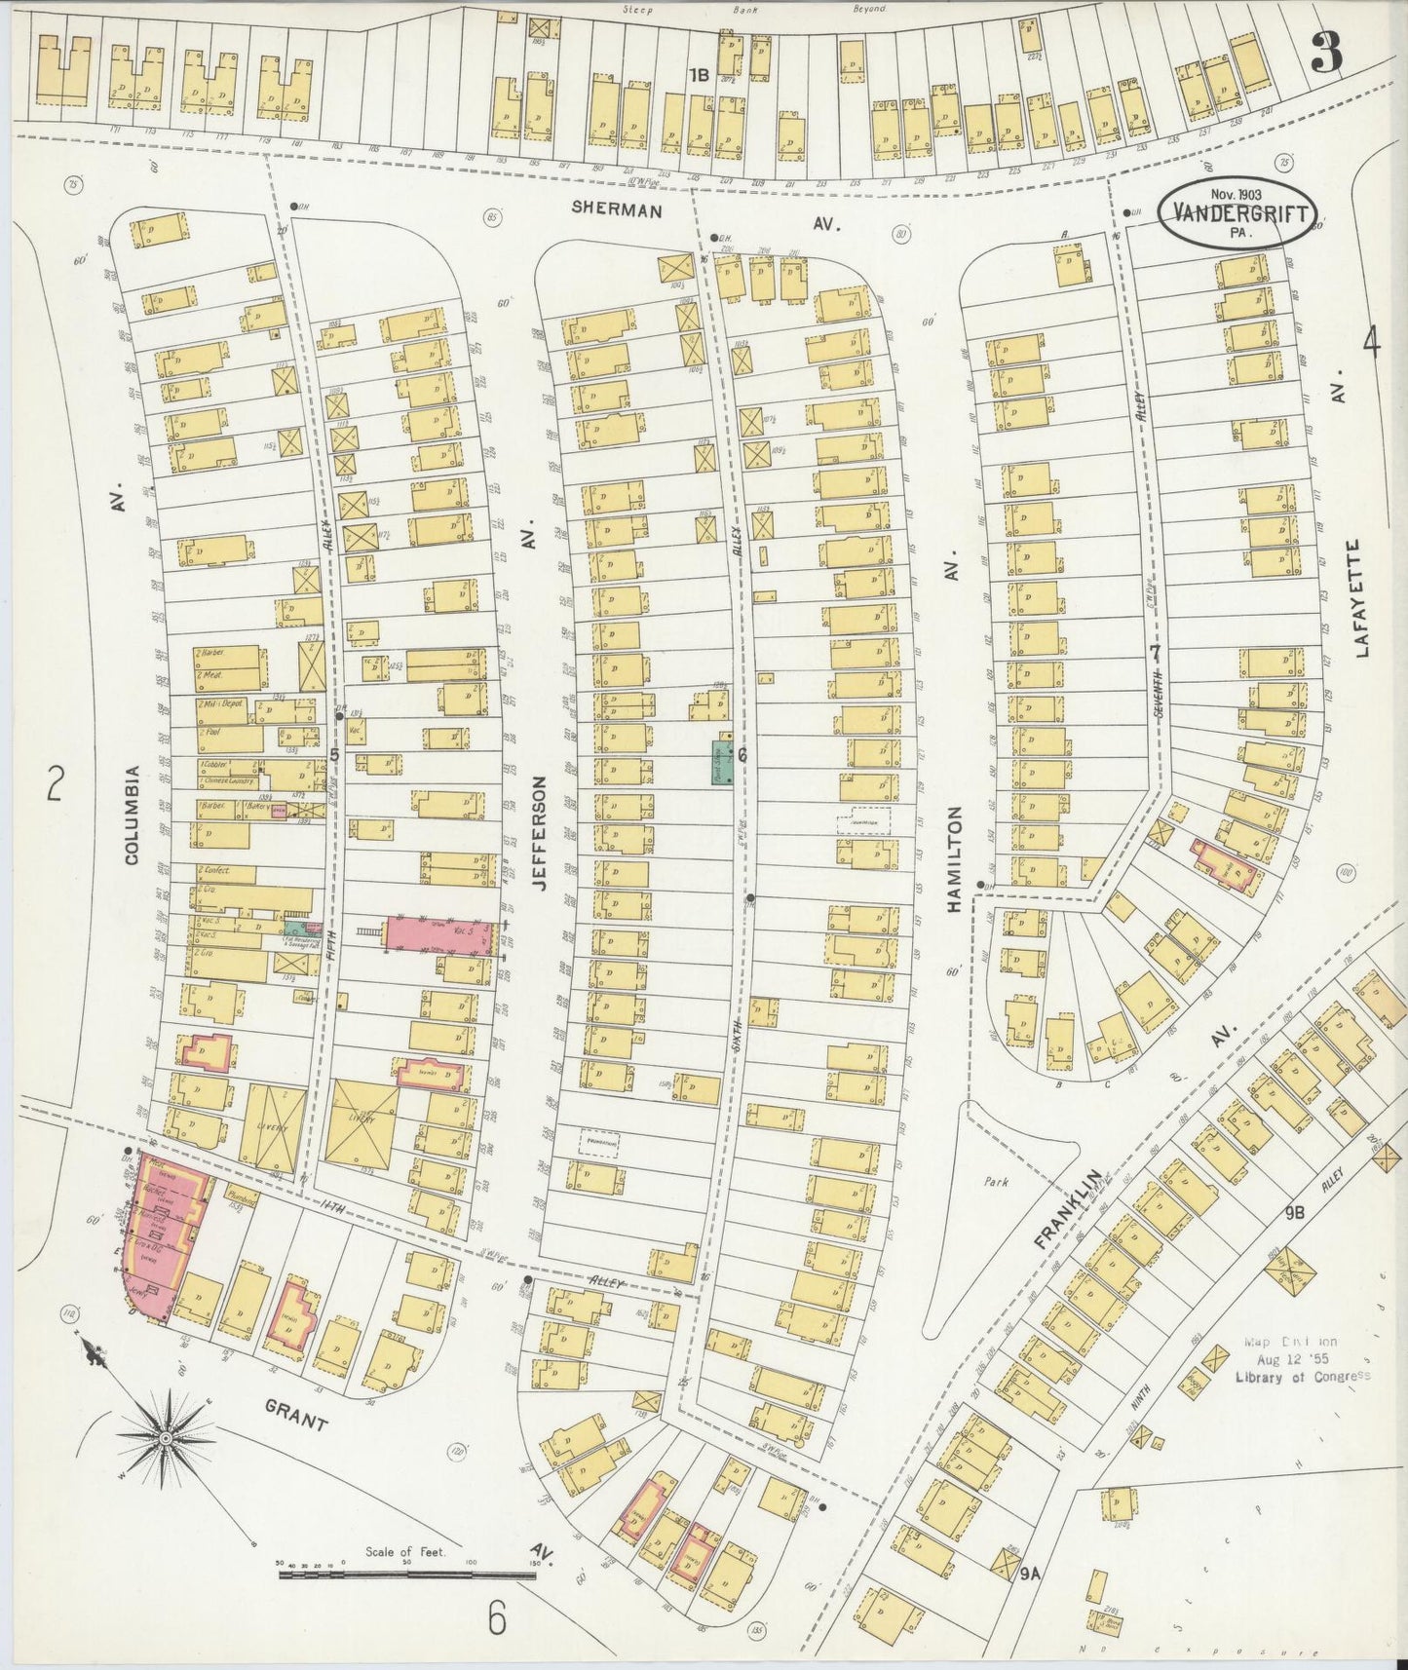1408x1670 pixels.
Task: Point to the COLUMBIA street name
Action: (x=133, y=815)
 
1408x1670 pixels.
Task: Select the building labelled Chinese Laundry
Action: (x=230, y=781)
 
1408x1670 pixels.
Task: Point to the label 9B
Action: (x=1295, y=1213)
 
